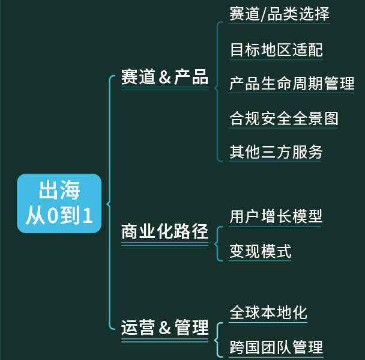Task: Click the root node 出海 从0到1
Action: pos(59,203)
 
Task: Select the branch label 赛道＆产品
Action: pos(164,77)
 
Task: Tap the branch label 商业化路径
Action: pos(164,231)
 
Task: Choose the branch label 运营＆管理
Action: pos(164,328)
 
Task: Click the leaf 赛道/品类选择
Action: pos(279,14)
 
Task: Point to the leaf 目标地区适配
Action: pos(276,49)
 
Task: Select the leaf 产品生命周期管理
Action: pos(292,84)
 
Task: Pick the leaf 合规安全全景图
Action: pos(284,118)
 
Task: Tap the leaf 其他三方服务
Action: pos(276,152)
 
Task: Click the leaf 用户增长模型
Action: pos(276,216)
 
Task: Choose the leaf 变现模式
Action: pos(261,251)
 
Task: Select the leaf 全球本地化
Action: pos(268,313)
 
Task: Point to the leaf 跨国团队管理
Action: pos(276,347)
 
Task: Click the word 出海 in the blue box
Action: pos(59,191)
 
